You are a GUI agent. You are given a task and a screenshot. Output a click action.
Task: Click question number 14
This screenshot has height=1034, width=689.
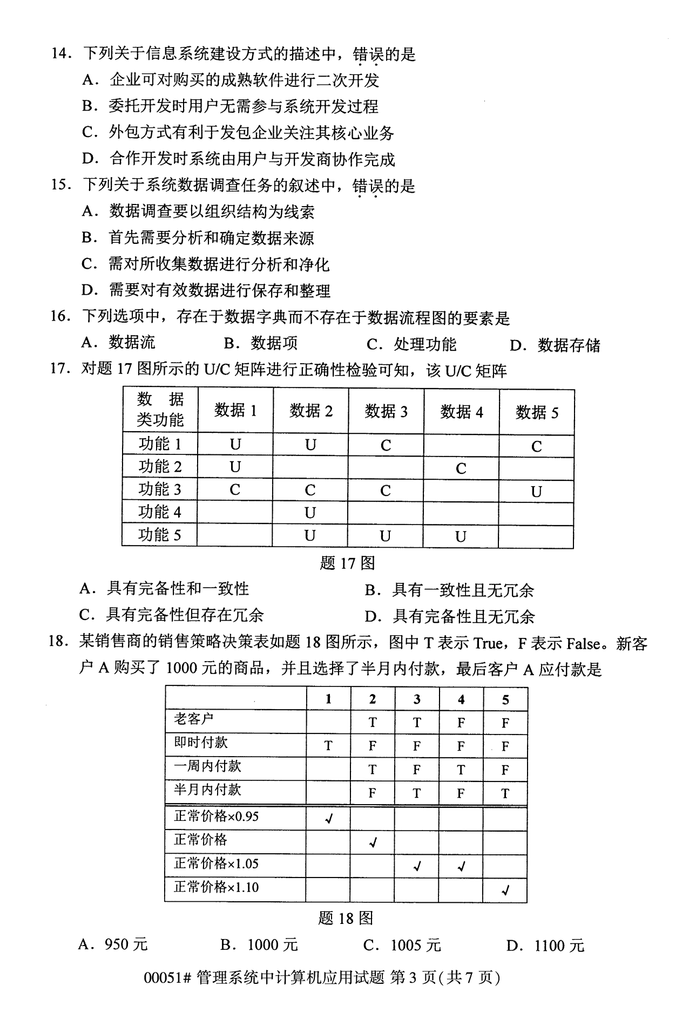pyautogui.click(x=60, y=54)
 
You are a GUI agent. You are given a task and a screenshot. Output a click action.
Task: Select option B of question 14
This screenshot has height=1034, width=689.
pyautogui.click(x=230, y=106)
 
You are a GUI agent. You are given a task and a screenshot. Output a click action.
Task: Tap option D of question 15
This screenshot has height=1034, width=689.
pyautogui.click(x=206, y=291)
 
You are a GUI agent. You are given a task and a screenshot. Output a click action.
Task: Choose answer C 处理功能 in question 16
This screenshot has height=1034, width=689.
pyautogui.click(x=411, y=344)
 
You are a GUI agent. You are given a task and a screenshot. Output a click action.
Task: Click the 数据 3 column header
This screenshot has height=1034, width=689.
pyautogui.click(x=386, y=411)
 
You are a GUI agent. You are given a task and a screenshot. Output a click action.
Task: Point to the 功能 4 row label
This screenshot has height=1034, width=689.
pyautogui.click(x=160, y=512)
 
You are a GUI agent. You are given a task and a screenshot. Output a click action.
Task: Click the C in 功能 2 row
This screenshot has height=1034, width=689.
pyautogui.click(x=461, y=468)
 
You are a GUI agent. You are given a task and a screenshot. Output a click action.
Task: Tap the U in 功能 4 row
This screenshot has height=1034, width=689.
pyautogui.click(x=310, y=513)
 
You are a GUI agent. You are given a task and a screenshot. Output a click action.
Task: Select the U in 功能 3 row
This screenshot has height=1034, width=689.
pyautogui.click(x=536, y=492)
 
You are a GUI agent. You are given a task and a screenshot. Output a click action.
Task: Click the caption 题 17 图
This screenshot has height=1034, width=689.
pyautogui.click(x=347, y=563)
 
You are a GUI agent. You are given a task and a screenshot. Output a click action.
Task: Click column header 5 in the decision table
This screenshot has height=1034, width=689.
pyautogui.click(x=505, y=699)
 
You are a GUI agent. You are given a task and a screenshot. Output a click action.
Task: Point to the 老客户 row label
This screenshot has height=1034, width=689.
pyautogui.click(x=194, y=719)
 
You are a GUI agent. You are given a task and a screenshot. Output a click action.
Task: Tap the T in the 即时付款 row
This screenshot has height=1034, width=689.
pyautogui.click(x=328, y=746)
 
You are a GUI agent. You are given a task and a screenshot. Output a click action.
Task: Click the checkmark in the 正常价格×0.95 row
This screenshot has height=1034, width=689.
pyautogui.click(x=328, y=819)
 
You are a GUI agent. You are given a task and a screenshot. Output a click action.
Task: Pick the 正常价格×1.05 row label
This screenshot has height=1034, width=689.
pyautogui.click(x=216, y=863)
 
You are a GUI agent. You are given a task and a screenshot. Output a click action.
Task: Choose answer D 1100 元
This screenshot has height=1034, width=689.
pyautogui.click(x=545, y=945)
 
